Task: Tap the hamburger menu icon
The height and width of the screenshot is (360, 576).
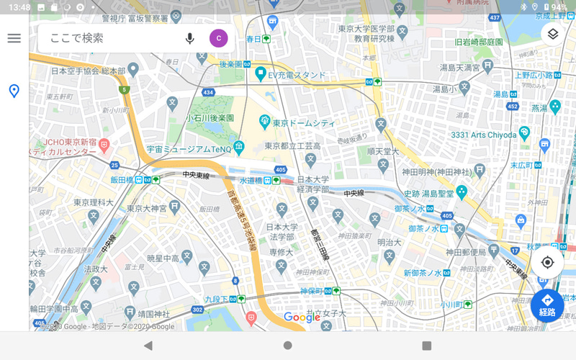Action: tap(14, 38)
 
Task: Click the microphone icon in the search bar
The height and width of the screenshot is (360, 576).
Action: tap(190, 38)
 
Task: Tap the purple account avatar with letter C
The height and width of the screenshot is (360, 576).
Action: tap(218, 38)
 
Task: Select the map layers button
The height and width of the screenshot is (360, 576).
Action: tap(552, 35)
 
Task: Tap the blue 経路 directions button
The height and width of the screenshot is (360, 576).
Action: tap(547, 305)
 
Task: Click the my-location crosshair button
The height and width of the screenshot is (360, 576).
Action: tap(547, 262)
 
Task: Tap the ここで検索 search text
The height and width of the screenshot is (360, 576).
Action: tap(77, 38)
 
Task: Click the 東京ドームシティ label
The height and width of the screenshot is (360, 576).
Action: tap(301, 122)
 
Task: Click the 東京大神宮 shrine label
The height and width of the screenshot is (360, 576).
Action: tap(148, 208)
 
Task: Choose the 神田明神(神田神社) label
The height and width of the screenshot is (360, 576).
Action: tap(437, 172)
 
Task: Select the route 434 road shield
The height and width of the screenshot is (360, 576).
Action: tap(208, 93)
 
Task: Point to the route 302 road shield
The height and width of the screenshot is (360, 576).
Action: tap(197, 310)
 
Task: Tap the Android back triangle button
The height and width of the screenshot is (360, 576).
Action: tap(148, 346)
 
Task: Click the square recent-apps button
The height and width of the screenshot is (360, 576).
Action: tap(426, 346)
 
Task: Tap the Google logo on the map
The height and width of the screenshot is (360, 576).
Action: tap(302, 318)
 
